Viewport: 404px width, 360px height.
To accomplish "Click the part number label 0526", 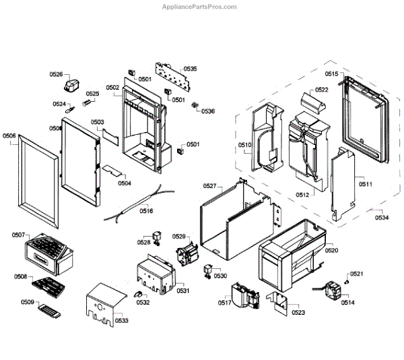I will coord(56,75).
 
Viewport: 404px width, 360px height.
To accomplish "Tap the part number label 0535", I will coord(190,69).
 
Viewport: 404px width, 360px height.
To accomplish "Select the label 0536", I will coord(208,111).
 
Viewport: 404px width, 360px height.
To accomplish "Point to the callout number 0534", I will coord(382,217).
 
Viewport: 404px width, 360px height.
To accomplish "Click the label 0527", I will coord(209,185).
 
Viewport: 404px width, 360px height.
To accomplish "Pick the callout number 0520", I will coord(332,250).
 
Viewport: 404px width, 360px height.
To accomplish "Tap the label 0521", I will coord(357,273).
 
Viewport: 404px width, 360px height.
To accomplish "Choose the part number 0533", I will coord(122,320).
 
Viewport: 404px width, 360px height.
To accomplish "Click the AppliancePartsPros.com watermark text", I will coord(200,7).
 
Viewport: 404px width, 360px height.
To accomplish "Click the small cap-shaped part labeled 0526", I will coord(72,85).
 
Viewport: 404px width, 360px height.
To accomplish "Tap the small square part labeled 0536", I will coord(196,106).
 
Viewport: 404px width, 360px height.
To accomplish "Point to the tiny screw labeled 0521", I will coord(346,278).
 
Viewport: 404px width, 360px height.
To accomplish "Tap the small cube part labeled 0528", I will coord(158,236).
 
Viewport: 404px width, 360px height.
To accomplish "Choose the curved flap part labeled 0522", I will coord(313,104).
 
